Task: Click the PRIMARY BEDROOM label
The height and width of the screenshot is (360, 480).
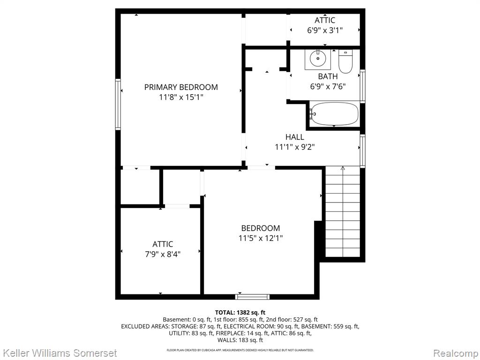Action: pos(181,87)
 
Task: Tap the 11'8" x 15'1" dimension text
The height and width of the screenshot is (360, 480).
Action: pos(181,97)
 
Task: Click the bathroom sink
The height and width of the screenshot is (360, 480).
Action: pos(318,59)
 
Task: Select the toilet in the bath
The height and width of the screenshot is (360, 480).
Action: pos(345,61)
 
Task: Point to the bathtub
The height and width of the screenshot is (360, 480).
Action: pos(334,113)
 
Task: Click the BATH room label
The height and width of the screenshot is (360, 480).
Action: pos(328,76)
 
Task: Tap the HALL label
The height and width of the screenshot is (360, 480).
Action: pos(295,137)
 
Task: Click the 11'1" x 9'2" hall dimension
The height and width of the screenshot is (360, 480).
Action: pos(295,147)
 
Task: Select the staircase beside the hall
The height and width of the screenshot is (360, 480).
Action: pos(343,211)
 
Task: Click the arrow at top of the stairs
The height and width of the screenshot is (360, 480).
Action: pos(343,169)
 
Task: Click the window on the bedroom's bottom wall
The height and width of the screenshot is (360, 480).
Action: pos(252,297)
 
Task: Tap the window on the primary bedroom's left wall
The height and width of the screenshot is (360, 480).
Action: pos(118,105)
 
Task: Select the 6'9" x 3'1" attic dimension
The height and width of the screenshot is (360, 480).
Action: pos(325,30)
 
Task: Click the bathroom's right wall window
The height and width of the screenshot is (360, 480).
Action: pos(362,86)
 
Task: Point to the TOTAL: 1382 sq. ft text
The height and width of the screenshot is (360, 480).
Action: pos(240,313)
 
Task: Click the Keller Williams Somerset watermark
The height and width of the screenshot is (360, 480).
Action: pos(59,353)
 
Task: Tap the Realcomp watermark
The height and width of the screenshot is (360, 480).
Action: pos(456,353)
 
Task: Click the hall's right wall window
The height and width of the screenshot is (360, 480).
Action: pos(362,151)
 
